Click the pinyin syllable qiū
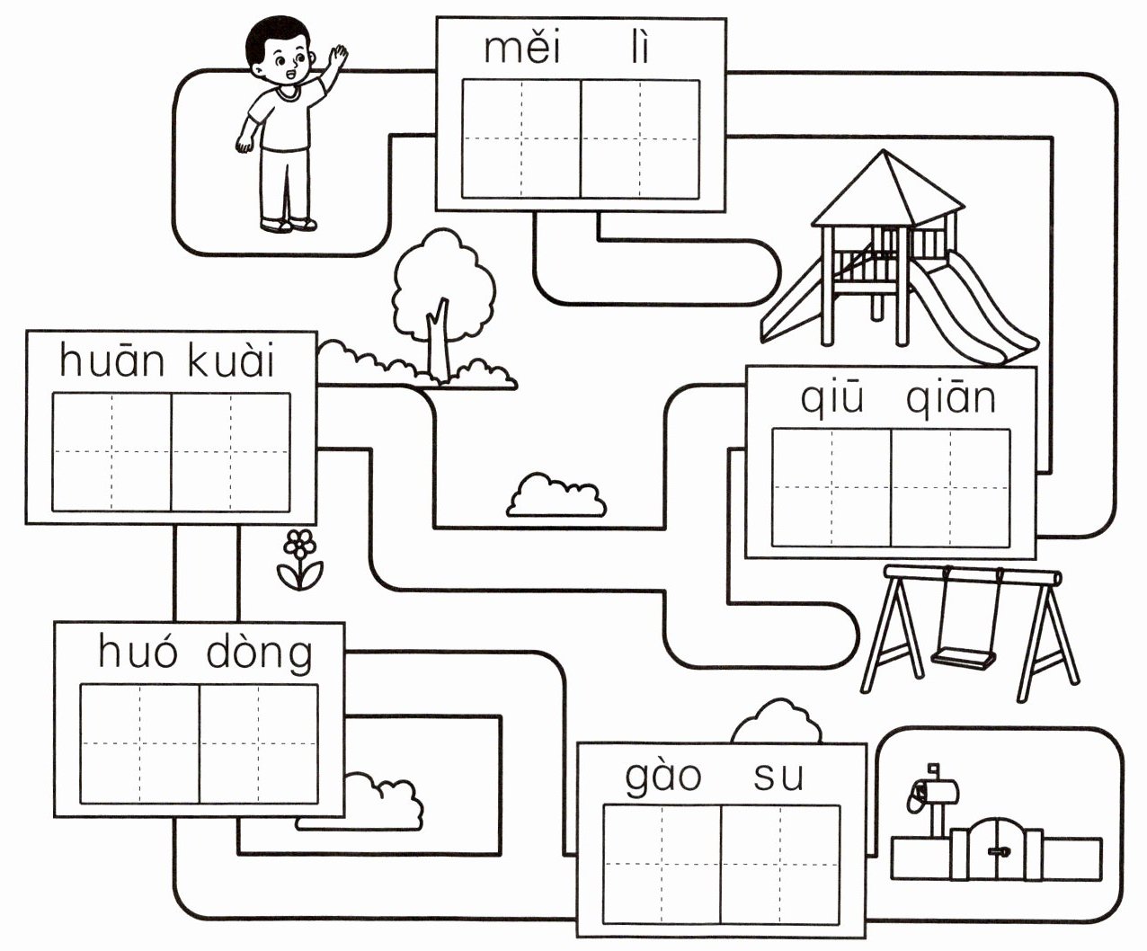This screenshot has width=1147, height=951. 832,398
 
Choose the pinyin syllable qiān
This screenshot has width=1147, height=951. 951,398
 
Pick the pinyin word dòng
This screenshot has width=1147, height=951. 260,653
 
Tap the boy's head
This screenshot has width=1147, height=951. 281,56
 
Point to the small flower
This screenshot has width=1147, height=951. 300,558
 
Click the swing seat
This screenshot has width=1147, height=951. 964,657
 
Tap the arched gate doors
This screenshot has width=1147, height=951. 995,849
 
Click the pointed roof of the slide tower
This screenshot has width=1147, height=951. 887,188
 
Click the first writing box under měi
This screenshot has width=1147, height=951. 521,139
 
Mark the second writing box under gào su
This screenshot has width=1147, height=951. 780,864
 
